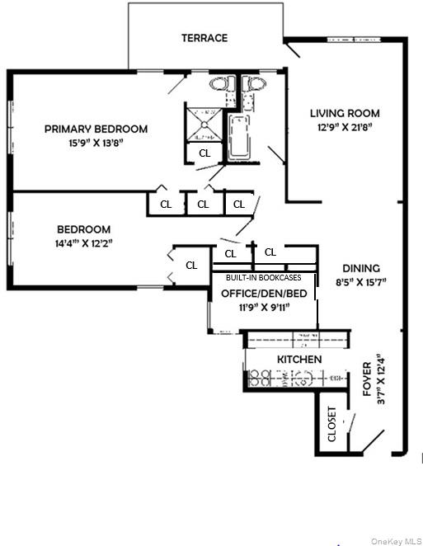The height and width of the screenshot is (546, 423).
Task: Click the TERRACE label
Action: click(204, 38)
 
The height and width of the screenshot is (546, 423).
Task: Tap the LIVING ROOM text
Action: click(345, 113)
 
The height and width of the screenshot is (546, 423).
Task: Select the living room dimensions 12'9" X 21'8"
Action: click(345, 127)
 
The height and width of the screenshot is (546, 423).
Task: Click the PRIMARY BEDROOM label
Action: click(96, 129)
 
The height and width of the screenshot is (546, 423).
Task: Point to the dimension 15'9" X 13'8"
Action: click(96, 143)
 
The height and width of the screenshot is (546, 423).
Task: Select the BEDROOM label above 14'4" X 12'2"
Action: click(83, 229)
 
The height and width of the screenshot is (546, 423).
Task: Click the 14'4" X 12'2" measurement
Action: click(83, 243)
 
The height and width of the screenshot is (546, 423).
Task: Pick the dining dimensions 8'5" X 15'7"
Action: click(361, 282)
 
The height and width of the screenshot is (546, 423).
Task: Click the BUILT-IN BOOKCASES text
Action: click(264, 278)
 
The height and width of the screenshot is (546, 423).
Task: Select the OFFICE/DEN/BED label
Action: click(264, 293)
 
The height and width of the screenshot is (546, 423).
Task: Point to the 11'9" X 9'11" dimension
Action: click(264, 307)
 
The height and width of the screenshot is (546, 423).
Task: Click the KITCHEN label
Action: click(299, 360)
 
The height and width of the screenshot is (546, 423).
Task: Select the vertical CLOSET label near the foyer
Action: click(332, 425)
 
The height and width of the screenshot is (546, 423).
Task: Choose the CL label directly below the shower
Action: click(204, 153)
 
